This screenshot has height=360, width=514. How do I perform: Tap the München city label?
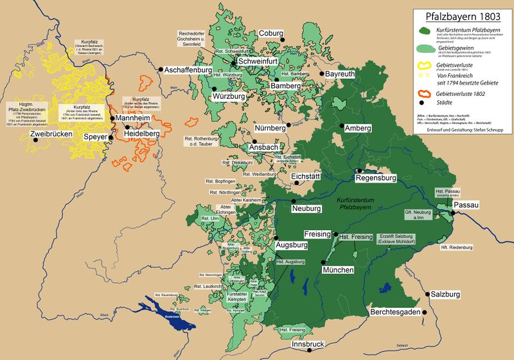pyautogui.click(x=338, y=270)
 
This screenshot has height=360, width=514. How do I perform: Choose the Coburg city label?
pyautogui.click(x=270, y=33)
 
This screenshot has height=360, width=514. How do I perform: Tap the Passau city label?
pyautogui.click(x=466, y=204)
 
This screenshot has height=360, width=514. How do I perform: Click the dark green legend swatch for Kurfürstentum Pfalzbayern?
pyautogui.click(x=425, y=30)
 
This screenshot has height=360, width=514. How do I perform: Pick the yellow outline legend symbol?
pyautogui.click(x=425, y=65)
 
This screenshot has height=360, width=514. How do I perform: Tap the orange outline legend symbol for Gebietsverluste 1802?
pyautogui.click(x=425, y=93)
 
